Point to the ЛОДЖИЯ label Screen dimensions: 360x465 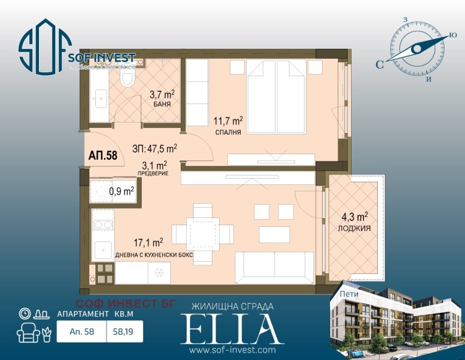[354, 229]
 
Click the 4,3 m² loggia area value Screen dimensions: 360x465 [354, 219]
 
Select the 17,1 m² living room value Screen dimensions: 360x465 [149, 243]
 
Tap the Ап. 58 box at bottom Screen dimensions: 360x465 [81, 332]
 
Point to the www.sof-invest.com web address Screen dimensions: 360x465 [232, 350]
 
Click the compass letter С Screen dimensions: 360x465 [379, 65]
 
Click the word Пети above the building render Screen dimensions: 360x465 [349, 294]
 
